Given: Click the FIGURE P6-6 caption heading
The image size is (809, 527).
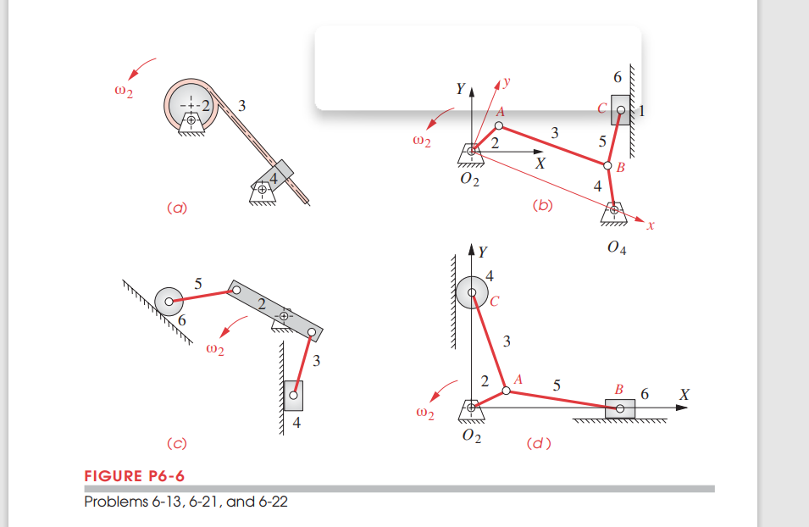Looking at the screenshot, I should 134,475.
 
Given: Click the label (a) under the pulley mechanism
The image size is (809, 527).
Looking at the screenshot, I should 176,207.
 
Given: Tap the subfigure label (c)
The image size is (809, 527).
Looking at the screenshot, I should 176,442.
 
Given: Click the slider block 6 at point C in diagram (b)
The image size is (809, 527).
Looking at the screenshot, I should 619,109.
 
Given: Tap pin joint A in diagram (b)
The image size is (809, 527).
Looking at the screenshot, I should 499,126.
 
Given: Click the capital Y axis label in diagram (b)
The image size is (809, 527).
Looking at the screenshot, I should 459,89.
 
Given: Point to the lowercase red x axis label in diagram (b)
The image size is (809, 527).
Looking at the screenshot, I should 650,226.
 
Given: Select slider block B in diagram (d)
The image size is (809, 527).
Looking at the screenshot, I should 619,408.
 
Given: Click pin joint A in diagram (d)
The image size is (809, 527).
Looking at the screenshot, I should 506,391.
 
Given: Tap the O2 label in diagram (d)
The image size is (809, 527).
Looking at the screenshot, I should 471,436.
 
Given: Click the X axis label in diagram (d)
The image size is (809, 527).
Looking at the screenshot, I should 684,395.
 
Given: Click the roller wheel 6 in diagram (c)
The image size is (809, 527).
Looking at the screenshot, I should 170,300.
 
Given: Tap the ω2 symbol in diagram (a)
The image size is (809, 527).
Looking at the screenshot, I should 124,92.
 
